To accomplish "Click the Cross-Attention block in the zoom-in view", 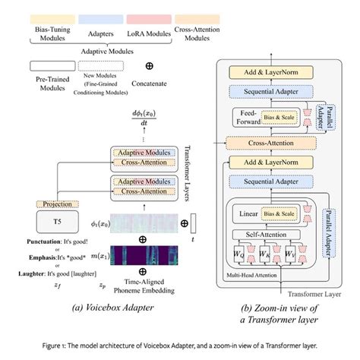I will pos(274,142).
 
